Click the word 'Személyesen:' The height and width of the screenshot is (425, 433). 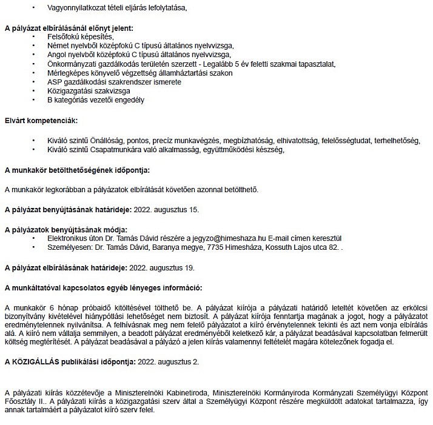[x=69, y=247]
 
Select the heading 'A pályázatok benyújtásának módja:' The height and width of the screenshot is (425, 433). [x=66, y=230]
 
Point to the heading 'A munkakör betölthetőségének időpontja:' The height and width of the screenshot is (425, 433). [x=77, y=170]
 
